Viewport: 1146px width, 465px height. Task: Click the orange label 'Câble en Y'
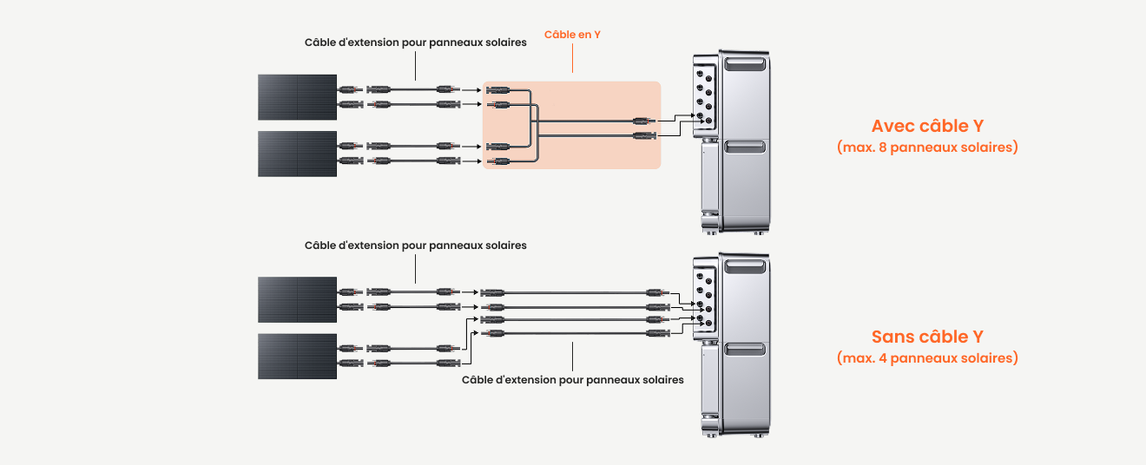572,35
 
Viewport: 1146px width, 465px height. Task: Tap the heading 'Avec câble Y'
927,126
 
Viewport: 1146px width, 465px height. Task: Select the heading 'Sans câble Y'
927,337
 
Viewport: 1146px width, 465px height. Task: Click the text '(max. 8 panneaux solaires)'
927,147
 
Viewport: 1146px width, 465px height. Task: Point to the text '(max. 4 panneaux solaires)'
927,358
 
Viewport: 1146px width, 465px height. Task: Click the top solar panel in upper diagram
297,97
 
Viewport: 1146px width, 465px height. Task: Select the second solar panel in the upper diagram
297,154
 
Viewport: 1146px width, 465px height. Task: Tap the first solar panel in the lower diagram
297,299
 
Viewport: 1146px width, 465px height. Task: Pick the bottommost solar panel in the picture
297,357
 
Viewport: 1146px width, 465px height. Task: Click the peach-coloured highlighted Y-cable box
571,125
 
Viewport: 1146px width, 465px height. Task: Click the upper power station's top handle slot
745,64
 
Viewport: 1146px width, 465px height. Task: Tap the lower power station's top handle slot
745,266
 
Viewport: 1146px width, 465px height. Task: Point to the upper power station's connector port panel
704,96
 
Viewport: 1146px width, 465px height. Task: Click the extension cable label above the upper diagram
415,43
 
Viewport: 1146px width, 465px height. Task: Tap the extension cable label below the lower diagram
572,380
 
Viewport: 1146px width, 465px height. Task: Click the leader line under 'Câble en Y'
572,58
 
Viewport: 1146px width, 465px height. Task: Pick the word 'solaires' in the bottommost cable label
663,380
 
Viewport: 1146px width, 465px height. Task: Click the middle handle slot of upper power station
745,147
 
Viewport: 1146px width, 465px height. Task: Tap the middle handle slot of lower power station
745,350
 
